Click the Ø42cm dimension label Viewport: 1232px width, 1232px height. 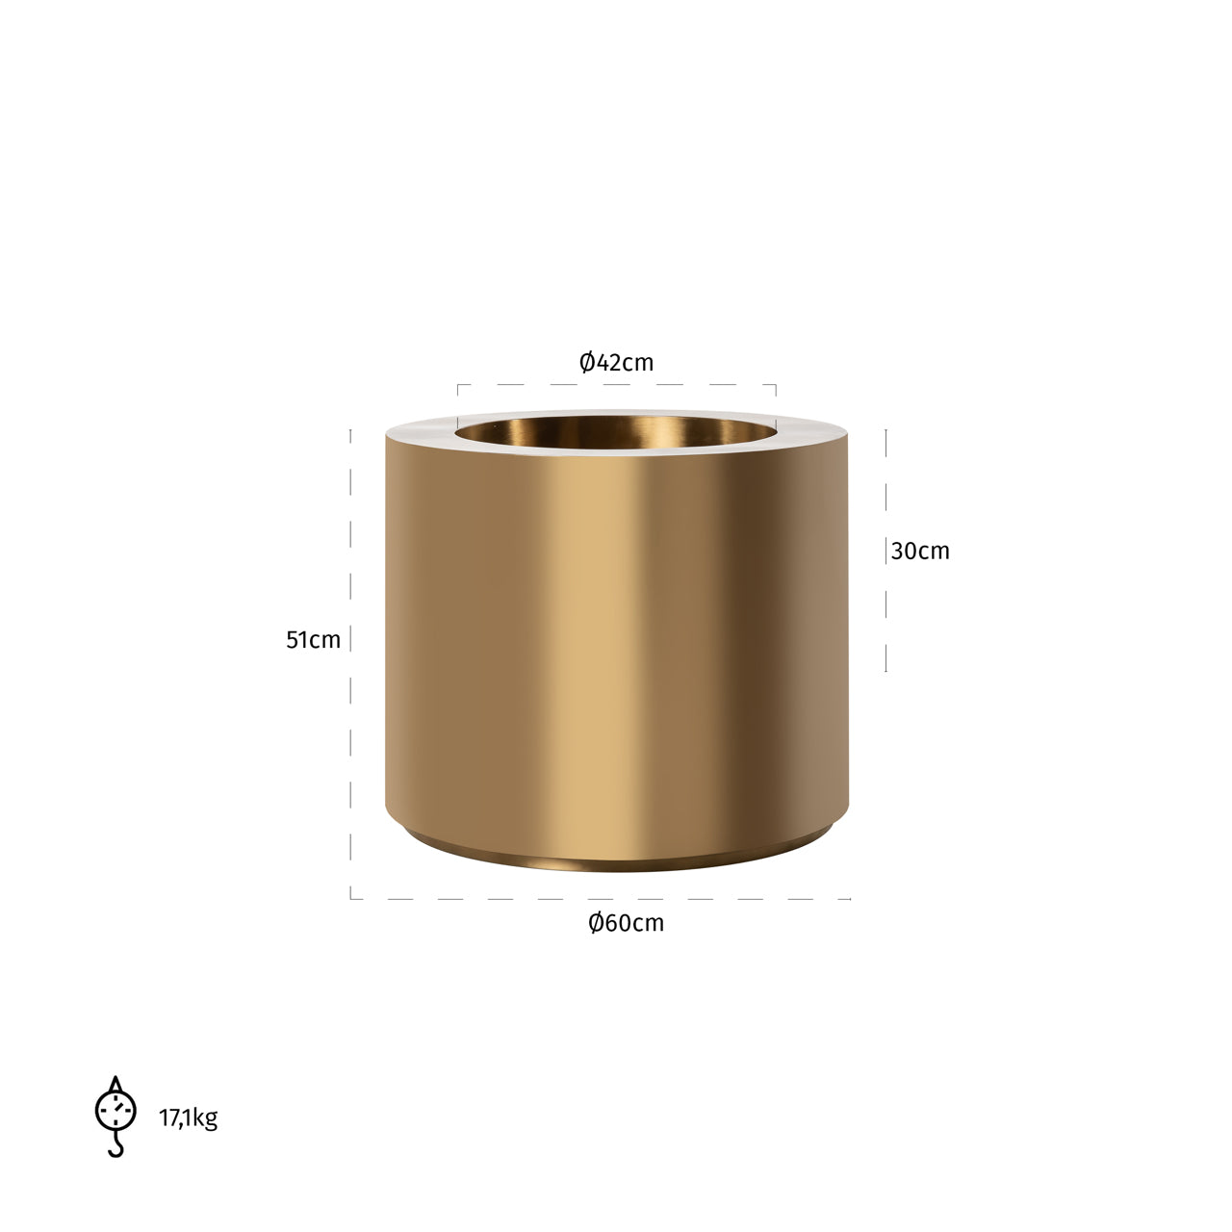616,363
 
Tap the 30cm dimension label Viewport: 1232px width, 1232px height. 920,552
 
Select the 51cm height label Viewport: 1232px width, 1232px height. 313,640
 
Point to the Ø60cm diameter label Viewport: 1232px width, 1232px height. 626,923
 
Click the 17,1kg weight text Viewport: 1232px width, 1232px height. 188,1117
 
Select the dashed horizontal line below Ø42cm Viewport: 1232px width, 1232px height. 616,385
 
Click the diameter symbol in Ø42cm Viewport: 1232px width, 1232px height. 586,363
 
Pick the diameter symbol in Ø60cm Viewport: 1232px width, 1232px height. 596,923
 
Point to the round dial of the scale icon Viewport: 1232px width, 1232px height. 115,1110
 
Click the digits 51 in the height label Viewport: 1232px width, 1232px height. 297,640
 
